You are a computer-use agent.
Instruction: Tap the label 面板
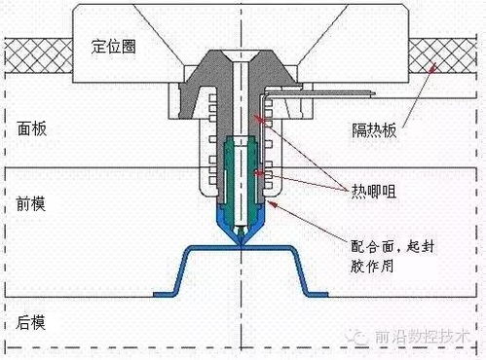32,128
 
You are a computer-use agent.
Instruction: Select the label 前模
32,205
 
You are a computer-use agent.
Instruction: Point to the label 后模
32,321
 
